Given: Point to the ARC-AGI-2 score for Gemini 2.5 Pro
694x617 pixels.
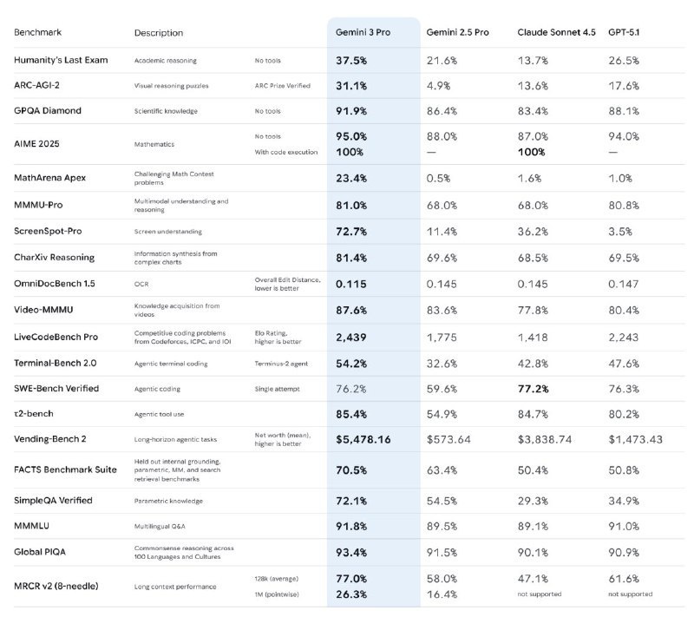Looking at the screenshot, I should pyautogui.click(x=440, y=86).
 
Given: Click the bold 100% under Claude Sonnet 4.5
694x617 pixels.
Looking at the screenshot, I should pyautogui.click(x=532, y=152).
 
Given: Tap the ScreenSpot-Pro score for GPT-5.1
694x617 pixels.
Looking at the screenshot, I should pyautogui.click(x=622, y=232).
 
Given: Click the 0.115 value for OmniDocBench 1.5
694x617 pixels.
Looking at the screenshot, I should pyautogui.click(x=351, y=285).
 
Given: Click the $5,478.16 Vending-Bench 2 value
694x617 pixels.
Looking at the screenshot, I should pyautogui.click(x=363, y=439).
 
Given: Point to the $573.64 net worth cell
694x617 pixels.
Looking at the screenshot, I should pyautogui.click(x=448, y=439).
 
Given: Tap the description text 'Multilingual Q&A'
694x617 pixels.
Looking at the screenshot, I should pyautogui.click(x=160, y=526).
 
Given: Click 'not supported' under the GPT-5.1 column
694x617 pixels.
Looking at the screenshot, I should pyautogui.click(x=631, y=594).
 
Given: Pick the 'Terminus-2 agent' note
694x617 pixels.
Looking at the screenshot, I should pyautogui.click(x=283, y=363).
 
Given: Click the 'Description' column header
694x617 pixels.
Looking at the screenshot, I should pyautogui.click(x=159, y=33).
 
